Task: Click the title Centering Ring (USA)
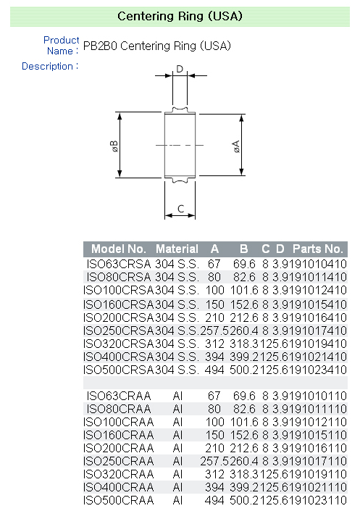(x=180, y=16)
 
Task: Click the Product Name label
(x=61, y=45)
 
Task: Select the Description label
(x=49, y=66)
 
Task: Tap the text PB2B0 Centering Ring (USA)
(x=157, y=46)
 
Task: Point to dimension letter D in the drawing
(x=180, y=70)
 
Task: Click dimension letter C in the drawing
(x=180, y=210)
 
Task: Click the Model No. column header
(x=120, y=249)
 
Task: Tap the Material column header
(x=177, y=249)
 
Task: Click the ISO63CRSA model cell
(x=119, y=265)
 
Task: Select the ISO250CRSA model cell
(x=119, y=331)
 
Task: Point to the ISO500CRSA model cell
(x=119, y=370)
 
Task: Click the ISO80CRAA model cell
(x=119, y=409)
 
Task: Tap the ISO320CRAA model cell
(x=119, y=474)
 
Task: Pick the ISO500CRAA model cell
(x=119, y=500)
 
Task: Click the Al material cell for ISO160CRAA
(x=177, y=435)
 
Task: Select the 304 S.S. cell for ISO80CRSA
(x=177, y=278)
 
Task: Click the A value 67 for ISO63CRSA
(x=213, y=265)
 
